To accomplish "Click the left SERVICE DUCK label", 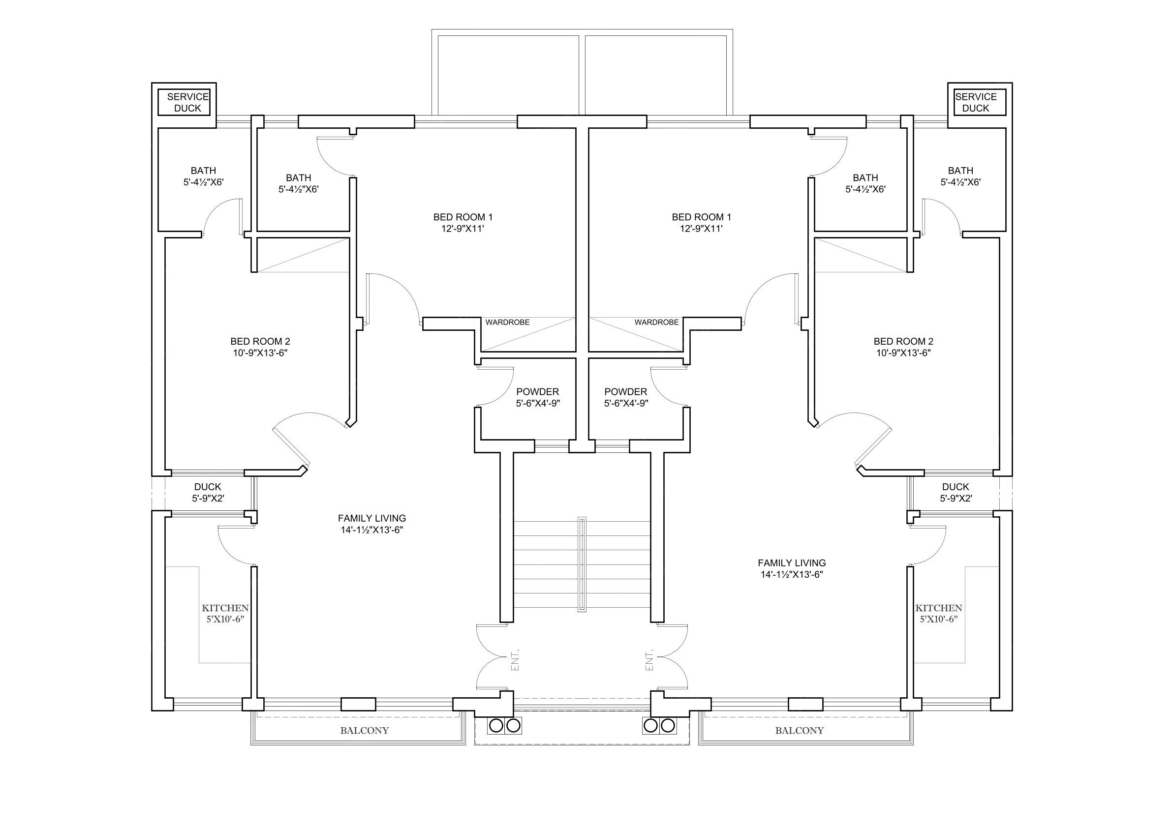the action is tap(188, 103).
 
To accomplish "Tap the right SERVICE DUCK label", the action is tap(976, 103).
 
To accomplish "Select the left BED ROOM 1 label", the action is tap(463, 217).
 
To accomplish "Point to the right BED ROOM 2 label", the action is tap(903, 341).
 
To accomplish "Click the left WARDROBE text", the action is tap(507, 323).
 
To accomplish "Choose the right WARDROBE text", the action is tap(656, 323).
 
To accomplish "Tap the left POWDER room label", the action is tap(537, 392).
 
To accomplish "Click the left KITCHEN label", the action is tap(225, 608).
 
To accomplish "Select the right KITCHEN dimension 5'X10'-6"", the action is tap(939, 620).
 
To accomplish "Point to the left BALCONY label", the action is tap(365, 731).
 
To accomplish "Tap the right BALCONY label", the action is tap(800, 731).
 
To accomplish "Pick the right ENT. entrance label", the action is tap(650, 660).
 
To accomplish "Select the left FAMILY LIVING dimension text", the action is tap(372, 530).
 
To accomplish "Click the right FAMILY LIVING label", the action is tap(792, 563).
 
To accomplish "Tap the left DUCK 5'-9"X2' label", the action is tap(208, 493).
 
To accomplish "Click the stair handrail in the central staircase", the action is tap(582, 564).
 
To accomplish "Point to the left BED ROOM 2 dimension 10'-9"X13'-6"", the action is tap(260, 353).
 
